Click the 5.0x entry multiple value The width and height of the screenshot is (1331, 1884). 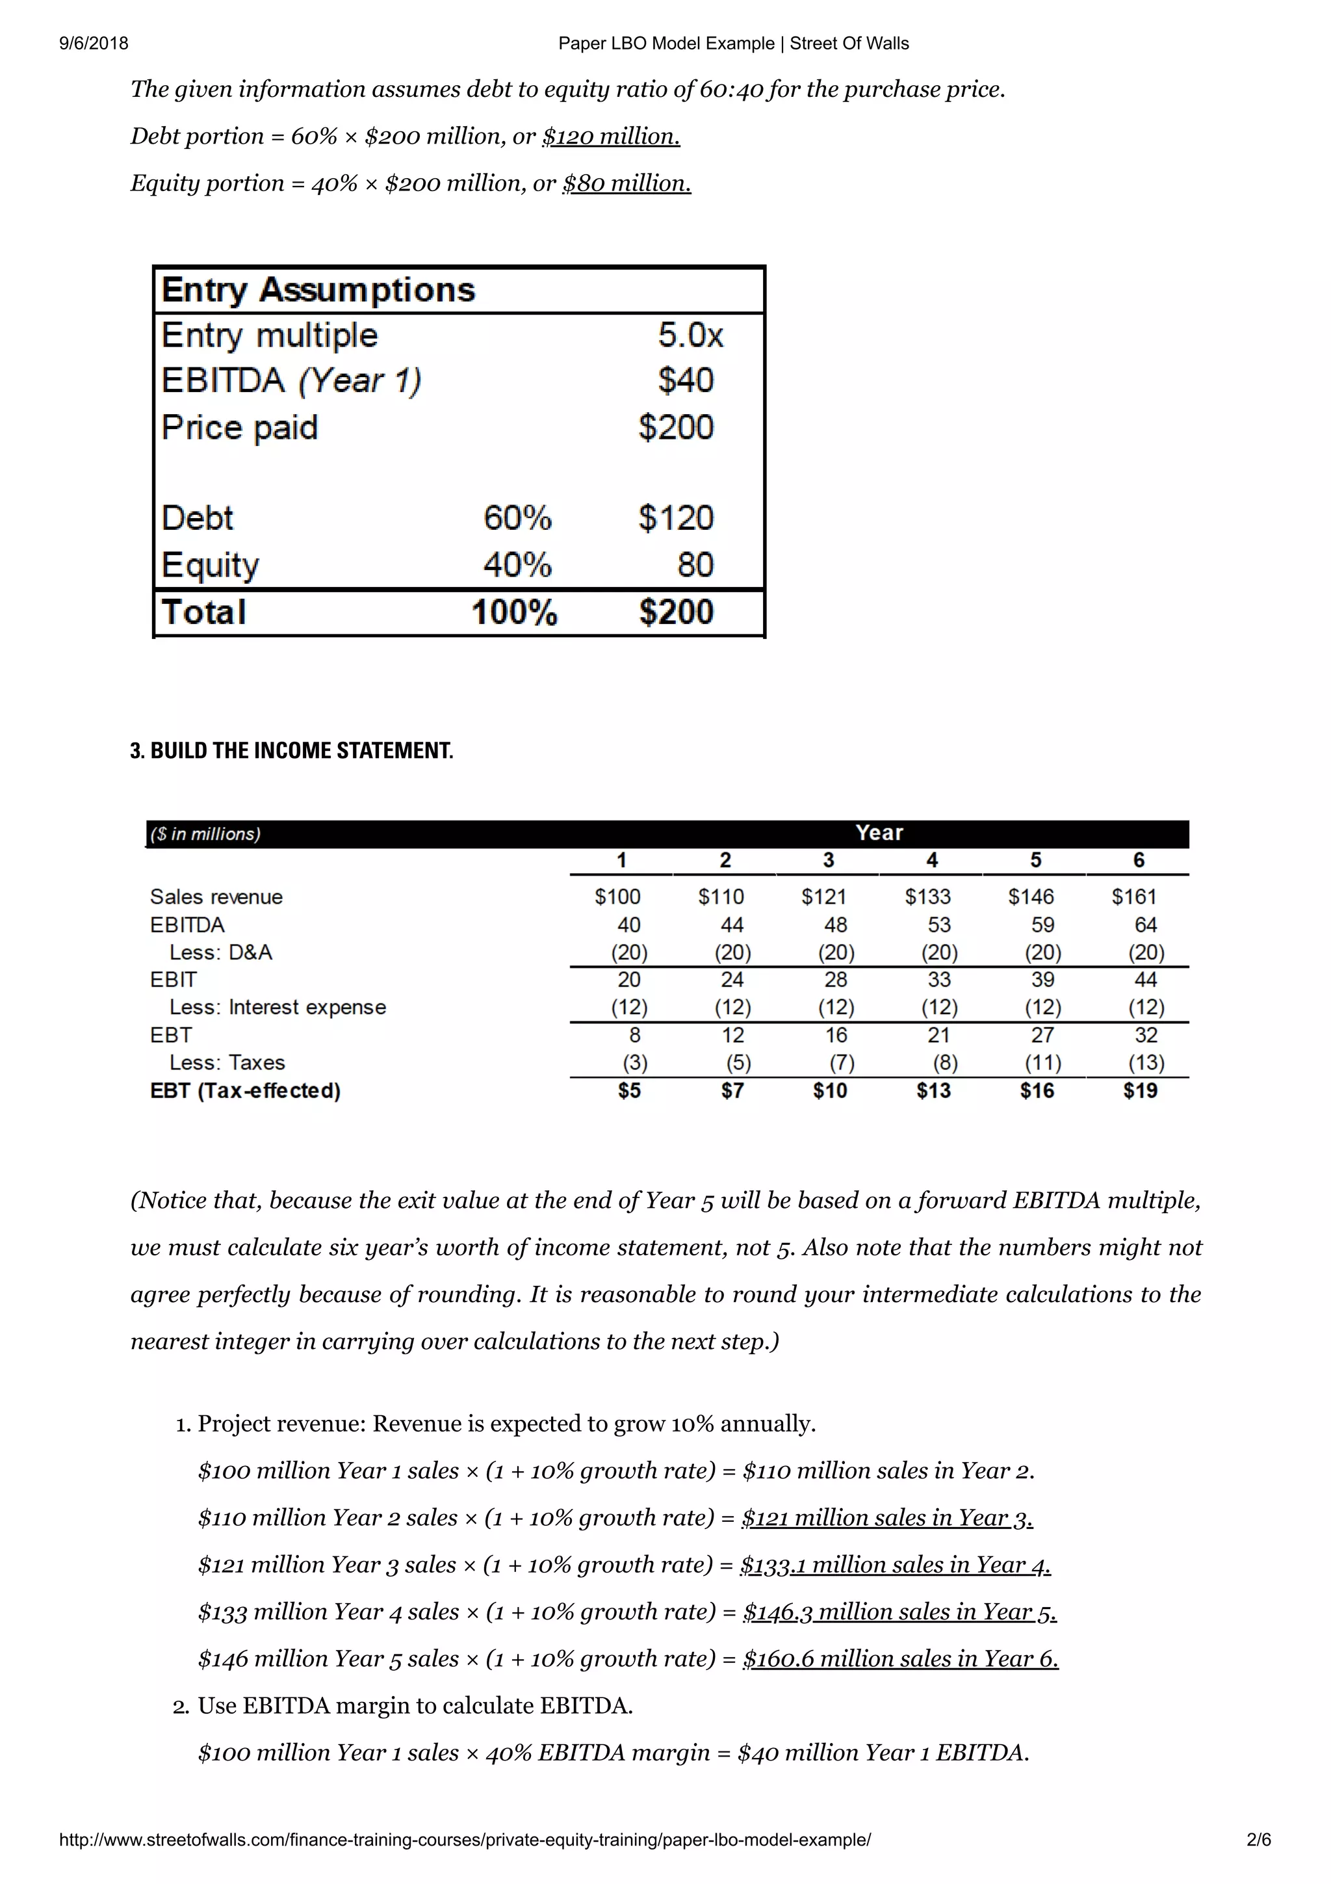click(x=690, y=335)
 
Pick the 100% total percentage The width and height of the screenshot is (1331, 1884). click(x=514, y=612)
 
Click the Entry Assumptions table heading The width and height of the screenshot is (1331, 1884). click(x=318, y=290)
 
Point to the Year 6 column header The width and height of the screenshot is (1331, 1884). click(x=1138, y=860)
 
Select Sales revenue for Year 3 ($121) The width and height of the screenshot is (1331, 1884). click(x=823, y=897)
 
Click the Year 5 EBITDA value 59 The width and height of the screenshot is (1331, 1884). click(x=1042, y=924)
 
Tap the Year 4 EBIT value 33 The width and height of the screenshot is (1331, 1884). click(x=939, y=980)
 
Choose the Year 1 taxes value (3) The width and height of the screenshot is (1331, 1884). click(x=635, y=1063)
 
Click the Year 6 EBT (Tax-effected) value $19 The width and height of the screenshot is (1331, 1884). click(x=1140, y=1090)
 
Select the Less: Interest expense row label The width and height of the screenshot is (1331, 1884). click(x=278, y=1007)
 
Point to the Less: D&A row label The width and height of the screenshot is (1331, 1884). click(x=220, y=952)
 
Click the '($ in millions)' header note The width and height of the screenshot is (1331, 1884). click(x=205, y=833)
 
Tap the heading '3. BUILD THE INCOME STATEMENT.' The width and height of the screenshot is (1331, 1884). click(x=291, y=750)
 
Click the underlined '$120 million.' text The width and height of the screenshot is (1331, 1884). click(x=611, y=137)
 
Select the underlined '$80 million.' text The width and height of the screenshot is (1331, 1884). click(x=627, y=183)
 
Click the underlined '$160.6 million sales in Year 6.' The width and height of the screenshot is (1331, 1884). click(x=901, y=1658)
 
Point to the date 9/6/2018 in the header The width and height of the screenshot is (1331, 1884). click(x=94, y=44)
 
